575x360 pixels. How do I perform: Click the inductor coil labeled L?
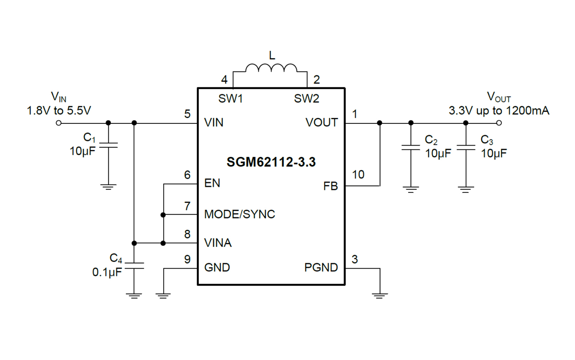[x=271, y=68]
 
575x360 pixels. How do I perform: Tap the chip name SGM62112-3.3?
[x=271, y=162]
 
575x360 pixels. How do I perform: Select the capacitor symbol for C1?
[x=108, y=145]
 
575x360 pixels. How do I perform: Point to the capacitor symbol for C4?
[x=134, y=266]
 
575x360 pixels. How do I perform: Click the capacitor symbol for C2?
[x=411, y=148]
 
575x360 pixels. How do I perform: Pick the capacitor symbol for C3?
[x=466, y=148]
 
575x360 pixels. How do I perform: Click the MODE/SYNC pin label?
[x=240, y=214]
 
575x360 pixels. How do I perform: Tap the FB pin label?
[x=330, y=186]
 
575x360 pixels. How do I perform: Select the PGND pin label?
[x=321, y=268]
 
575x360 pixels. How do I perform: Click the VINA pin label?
[x=218, y=243]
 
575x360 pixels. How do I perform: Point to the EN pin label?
[x=212, y=183]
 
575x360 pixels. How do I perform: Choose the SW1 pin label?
[x=230, y=99]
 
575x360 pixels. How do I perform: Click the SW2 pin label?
[x=306, y=99]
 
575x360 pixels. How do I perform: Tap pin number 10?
[x=358, y=174]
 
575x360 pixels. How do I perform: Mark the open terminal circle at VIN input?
[x=59, y=123]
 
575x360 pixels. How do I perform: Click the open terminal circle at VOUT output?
[x=499, y=123]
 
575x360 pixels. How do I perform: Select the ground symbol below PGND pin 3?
[x=380, y=295]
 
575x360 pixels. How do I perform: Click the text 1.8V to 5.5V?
[x=59, y=111]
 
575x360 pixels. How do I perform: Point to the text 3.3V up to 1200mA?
[x=499, y=111]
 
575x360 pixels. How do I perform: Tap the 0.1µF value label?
[x=107, y=272]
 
